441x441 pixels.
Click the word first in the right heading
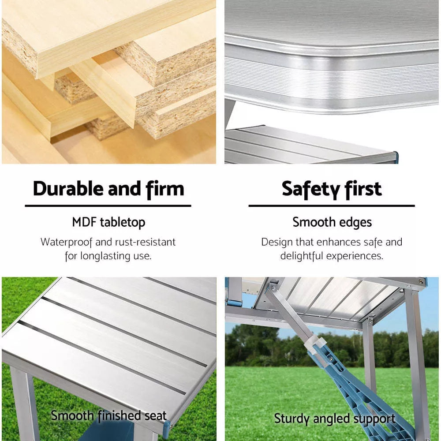tap(363, 189)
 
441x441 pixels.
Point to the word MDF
tap(84, 222)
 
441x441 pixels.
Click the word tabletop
tap(122, 223)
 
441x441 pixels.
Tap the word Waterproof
tap(67, 242)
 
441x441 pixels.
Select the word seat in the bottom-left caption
tap(155, 415)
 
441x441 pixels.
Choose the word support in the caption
tap(376, 419)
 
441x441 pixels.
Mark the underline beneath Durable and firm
tap(108, 206)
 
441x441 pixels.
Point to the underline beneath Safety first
tap(332, 206)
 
